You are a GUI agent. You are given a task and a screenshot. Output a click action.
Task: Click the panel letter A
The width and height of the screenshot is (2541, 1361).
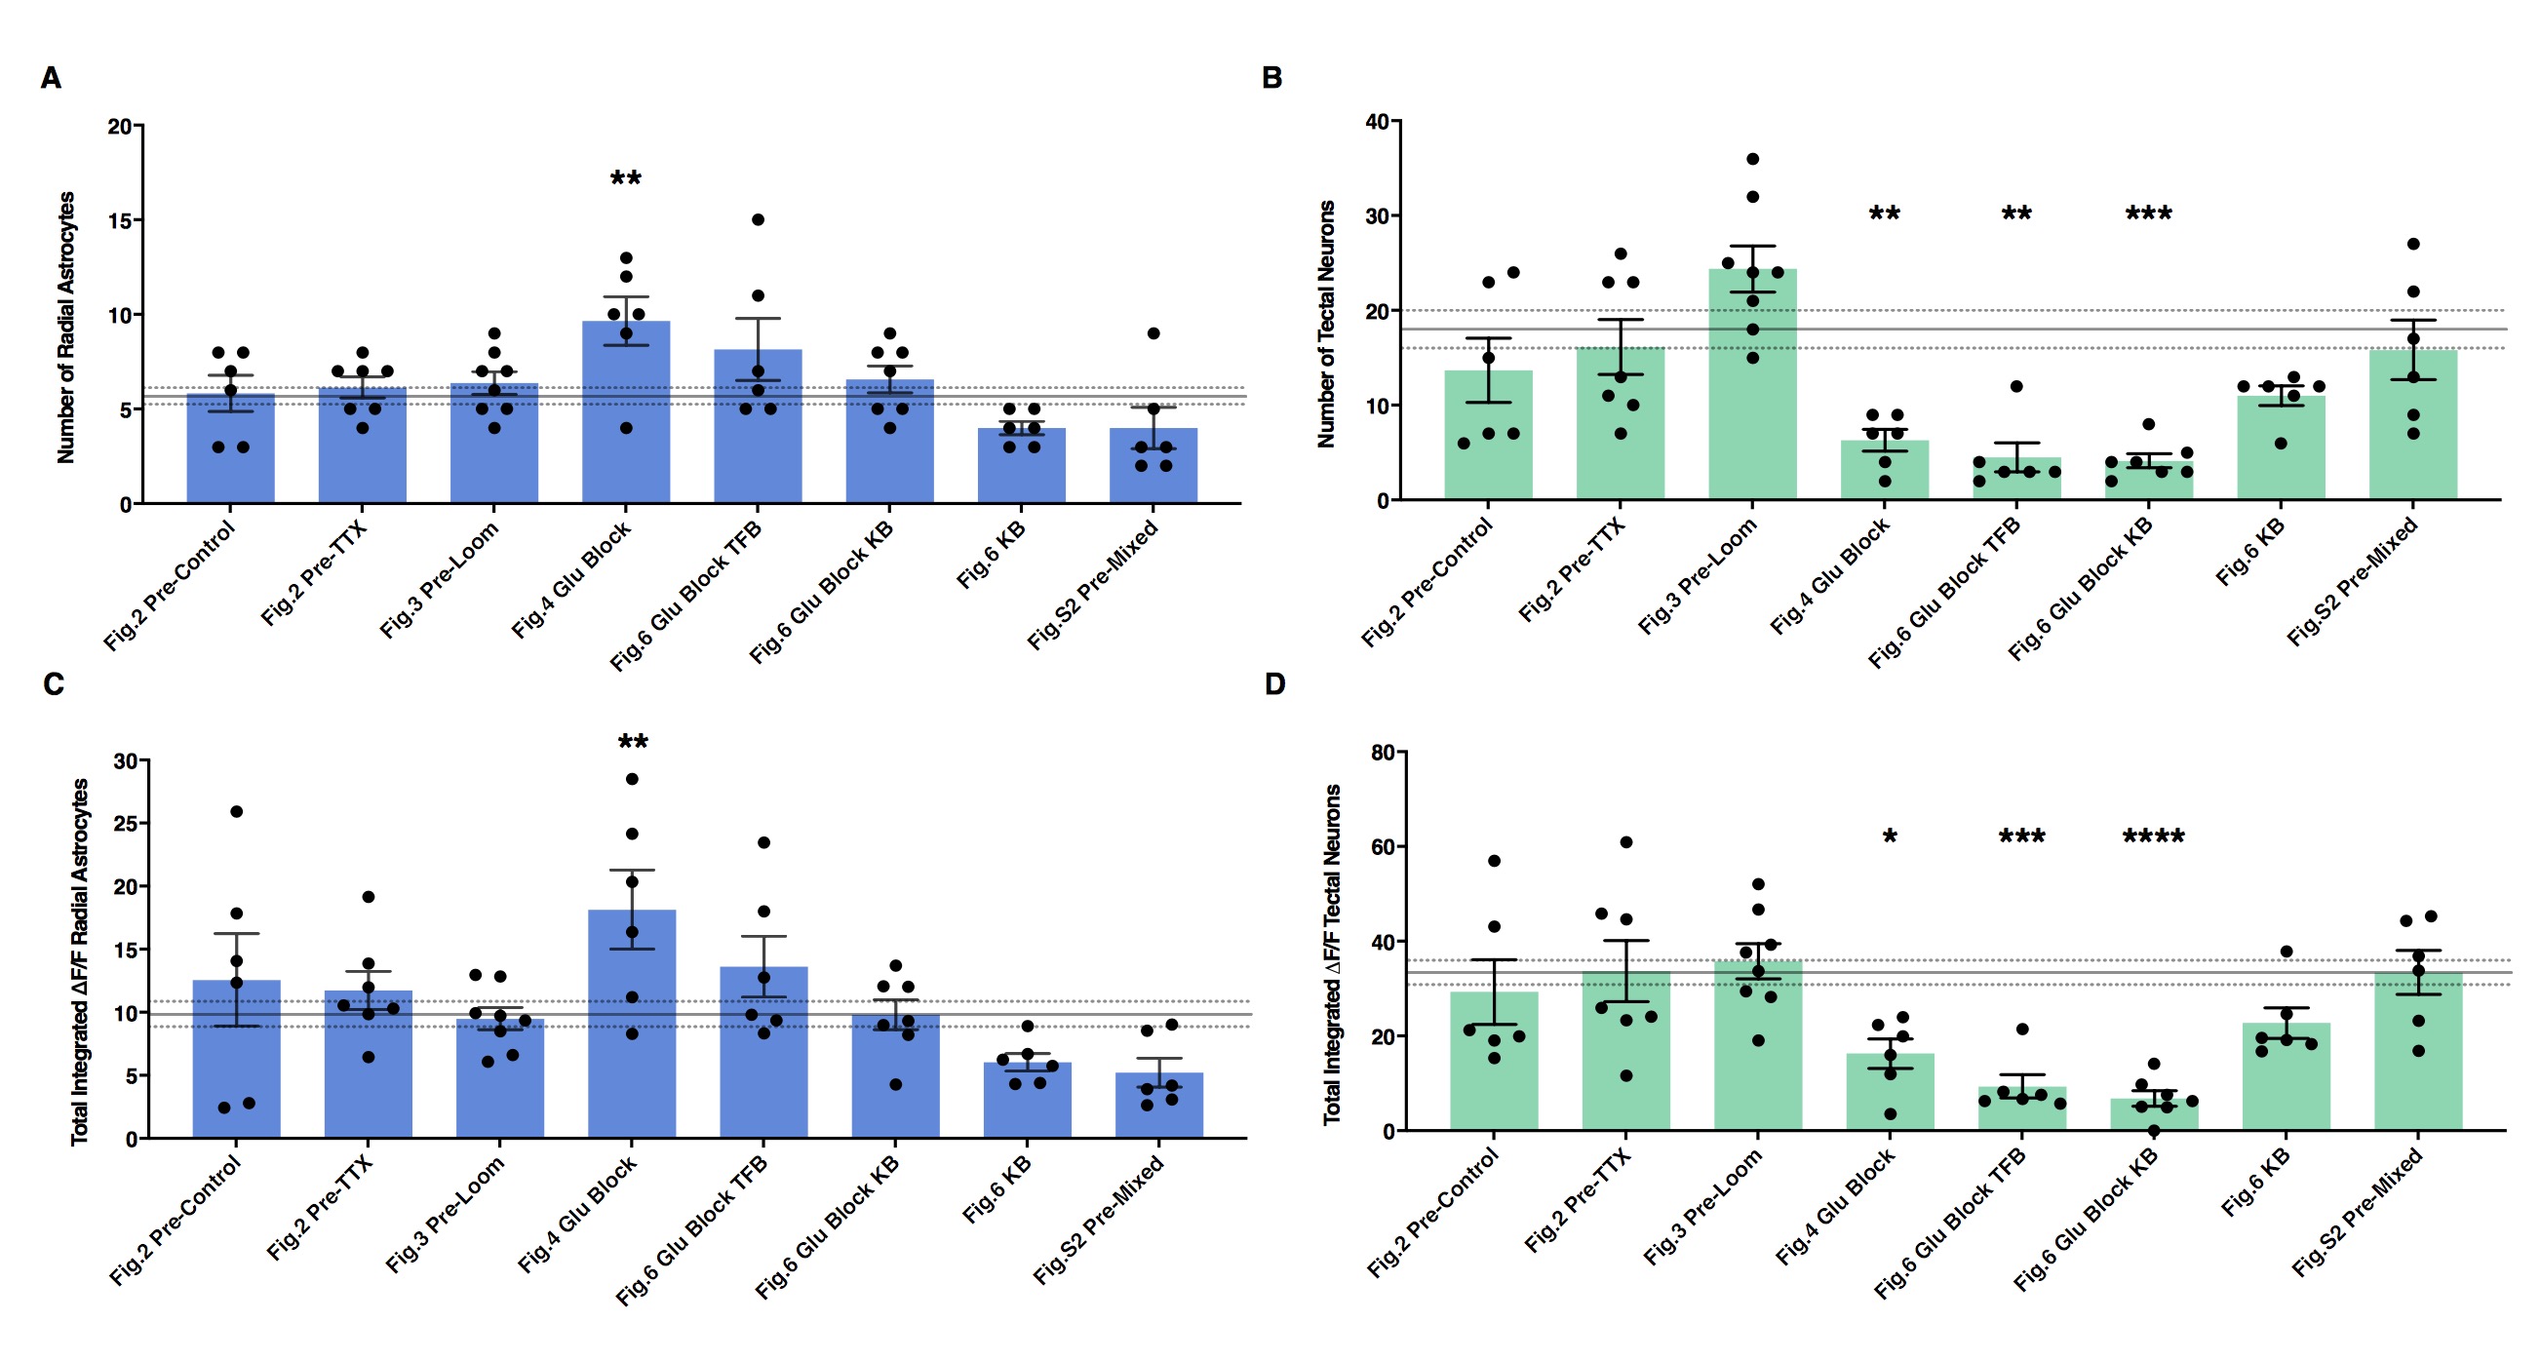point(51,78)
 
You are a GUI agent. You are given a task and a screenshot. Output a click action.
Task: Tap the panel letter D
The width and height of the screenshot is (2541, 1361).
point(1274,683)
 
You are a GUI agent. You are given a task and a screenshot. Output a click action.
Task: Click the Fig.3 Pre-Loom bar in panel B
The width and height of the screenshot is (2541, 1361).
point(1752,385)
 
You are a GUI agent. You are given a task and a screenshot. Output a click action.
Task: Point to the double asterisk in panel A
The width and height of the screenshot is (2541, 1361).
point(625,178)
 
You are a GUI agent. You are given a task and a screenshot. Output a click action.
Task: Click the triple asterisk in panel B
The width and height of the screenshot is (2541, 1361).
point(2148,214)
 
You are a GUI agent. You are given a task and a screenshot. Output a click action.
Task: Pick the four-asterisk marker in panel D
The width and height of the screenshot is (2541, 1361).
point(2153,837)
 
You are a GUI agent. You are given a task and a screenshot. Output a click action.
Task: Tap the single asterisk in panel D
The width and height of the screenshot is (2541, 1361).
point(1889,837)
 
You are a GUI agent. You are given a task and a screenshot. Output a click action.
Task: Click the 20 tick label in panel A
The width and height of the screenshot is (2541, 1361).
point(119,126)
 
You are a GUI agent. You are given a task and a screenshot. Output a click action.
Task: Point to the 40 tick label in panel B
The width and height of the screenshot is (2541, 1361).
point(1377,121)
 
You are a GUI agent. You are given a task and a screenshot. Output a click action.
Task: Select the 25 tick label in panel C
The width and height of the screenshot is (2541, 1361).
point(125,824)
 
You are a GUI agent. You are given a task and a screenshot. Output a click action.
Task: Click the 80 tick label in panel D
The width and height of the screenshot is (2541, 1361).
point(1383,753)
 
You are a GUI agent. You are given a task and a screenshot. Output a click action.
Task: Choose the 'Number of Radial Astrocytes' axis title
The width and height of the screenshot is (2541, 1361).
point(66,328)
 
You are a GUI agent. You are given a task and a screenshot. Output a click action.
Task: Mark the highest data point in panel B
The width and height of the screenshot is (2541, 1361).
point(1752,159)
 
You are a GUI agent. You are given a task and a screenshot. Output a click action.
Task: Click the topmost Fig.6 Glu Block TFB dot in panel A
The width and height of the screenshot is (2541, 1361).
point(758,220)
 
